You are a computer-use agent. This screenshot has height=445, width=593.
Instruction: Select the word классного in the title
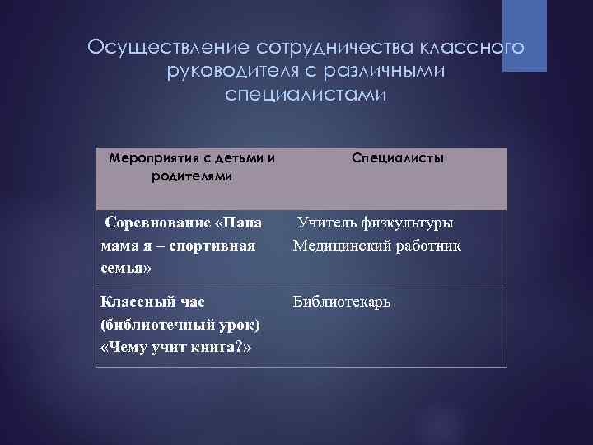(478, 48)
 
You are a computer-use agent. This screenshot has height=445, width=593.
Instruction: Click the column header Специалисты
(398, 157)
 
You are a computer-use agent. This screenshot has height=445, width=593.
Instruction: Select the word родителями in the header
(192, 176)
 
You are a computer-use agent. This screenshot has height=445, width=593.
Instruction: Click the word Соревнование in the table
(157, 223)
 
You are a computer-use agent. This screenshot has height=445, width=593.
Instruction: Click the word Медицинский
(341, 246)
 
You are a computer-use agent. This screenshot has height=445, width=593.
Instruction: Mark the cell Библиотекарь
(342, 302)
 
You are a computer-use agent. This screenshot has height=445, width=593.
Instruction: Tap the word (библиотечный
(148, 325)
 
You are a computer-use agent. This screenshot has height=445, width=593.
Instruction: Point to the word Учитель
(324, 222)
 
